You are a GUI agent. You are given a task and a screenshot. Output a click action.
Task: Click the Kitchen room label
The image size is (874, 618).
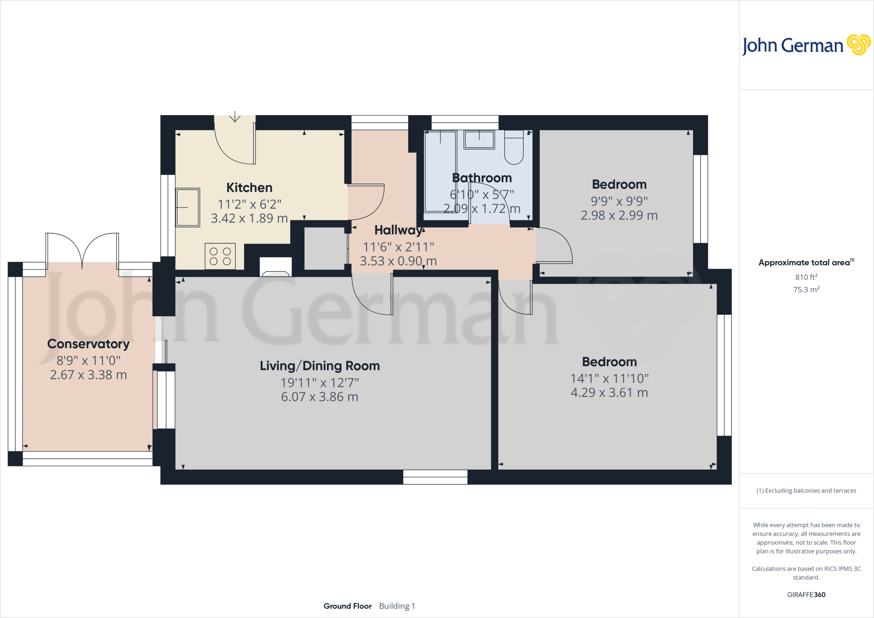249,187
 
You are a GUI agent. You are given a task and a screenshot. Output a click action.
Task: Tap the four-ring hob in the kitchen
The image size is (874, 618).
220,256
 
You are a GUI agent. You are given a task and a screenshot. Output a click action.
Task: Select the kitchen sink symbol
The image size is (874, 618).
188,207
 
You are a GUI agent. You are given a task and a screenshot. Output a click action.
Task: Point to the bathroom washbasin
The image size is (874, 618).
479,140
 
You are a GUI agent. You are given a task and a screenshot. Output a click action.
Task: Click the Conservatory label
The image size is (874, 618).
88,344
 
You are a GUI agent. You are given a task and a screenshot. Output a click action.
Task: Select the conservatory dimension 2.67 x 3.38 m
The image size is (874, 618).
88,375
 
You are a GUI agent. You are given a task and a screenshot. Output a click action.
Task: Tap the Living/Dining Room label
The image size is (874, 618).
320,366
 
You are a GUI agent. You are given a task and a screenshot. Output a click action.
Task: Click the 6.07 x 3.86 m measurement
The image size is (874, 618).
320,397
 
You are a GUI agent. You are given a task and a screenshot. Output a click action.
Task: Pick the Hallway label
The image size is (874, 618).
398,230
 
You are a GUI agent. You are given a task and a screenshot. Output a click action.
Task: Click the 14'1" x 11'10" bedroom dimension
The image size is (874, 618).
609,378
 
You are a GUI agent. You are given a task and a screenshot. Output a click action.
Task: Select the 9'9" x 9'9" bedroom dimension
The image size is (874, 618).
619,201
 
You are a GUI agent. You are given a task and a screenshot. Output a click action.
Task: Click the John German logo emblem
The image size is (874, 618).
858,45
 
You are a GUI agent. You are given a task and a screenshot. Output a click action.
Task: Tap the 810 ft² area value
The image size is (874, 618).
806,277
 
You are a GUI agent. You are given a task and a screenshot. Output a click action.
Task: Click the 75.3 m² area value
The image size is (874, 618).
806,289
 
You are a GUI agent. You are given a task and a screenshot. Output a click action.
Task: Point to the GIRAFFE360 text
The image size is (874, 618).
806,595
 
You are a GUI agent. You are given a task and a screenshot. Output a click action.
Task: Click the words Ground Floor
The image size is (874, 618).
347,606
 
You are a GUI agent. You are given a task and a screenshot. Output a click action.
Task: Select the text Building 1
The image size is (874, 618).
397,606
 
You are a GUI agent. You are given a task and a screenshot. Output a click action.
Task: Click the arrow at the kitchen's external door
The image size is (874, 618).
235,117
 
